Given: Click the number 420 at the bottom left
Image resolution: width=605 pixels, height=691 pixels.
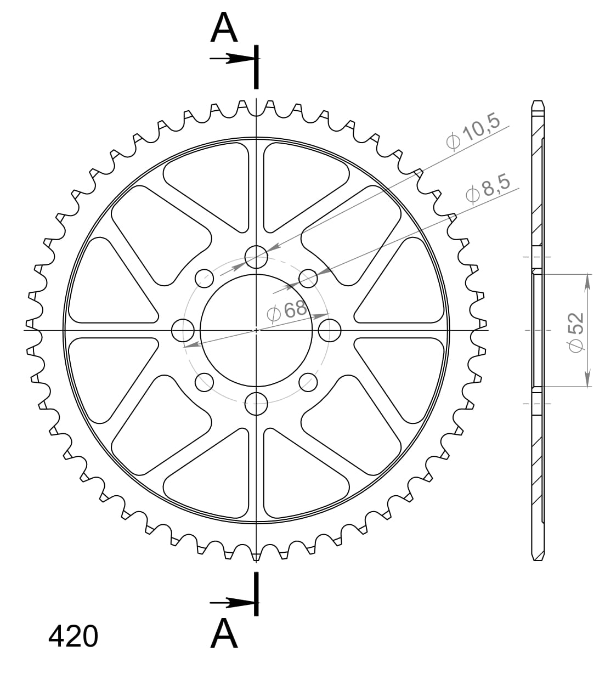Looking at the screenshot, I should [x=73, y=637].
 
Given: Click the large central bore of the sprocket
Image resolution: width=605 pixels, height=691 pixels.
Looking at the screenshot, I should [x=256, y=330].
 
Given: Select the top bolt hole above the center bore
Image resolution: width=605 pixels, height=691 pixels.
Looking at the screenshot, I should [x=256, y=256].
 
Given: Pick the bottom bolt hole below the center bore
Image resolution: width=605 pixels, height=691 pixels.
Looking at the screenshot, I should [x=256, y=404].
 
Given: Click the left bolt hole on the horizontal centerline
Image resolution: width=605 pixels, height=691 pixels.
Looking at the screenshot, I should [x=183, y=330].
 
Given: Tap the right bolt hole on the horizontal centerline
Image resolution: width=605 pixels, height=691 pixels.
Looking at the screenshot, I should [x=330, y=330].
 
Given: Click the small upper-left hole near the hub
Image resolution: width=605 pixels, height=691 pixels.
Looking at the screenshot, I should [x=205, y=278].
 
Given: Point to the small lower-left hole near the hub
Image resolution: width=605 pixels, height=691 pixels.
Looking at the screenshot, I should [x=205, y=382].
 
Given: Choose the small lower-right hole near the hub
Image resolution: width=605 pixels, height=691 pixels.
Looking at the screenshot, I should [x=308, y=382].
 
